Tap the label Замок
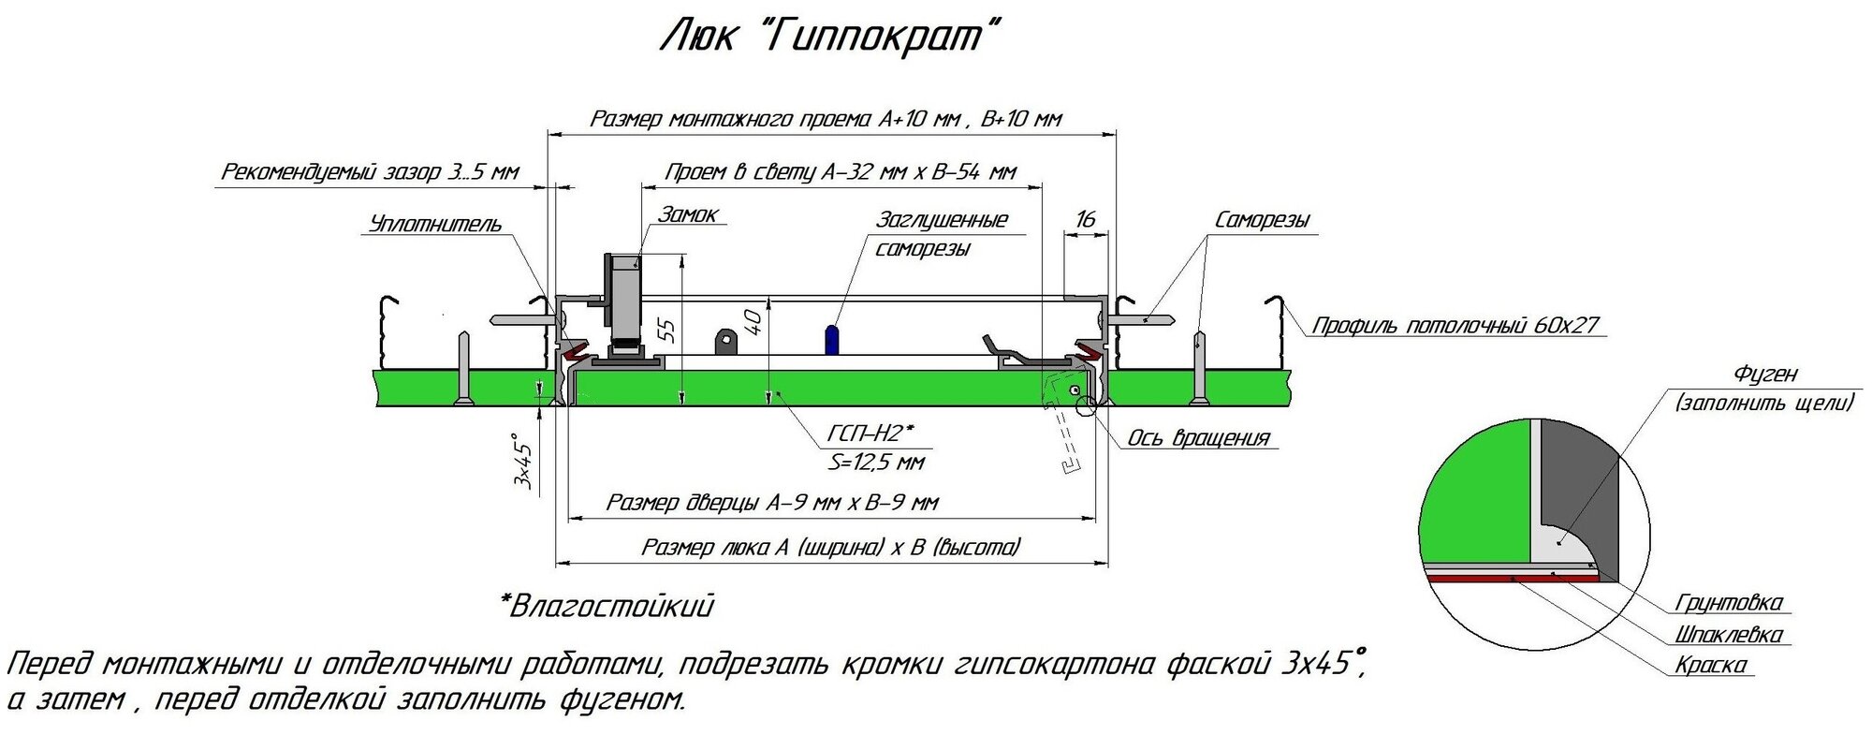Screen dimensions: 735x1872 (689, 214)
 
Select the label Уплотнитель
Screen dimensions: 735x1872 (436, 224)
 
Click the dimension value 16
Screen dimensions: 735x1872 (1086, 219)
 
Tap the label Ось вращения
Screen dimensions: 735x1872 (1197, 438)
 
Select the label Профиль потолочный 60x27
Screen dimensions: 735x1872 (1455, 326)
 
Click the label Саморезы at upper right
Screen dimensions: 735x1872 (1262, 220)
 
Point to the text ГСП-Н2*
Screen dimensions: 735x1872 (870, 434)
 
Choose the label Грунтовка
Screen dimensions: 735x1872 (1729, 602)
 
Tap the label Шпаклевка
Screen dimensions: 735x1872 (1727, 635)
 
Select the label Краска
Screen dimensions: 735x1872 (1710, 666)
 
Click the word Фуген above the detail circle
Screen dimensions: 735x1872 (1765, 374)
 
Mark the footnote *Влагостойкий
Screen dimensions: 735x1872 (607, 607)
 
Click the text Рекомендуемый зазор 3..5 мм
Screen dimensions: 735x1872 (370, 172)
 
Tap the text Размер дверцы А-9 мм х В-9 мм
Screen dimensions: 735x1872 (772, 503)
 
